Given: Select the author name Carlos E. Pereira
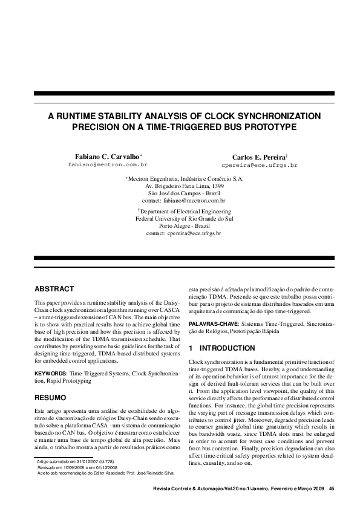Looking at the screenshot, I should (258, 157).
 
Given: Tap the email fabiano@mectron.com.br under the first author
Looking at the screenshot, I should (107, 164).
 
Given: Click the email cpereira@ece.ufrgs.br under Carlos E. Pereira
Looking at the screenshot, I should (260, 164).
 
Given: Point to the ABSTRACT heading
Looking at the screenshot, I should (54, 289).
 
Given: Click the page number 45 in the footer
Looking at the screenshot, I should (331, 488).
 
